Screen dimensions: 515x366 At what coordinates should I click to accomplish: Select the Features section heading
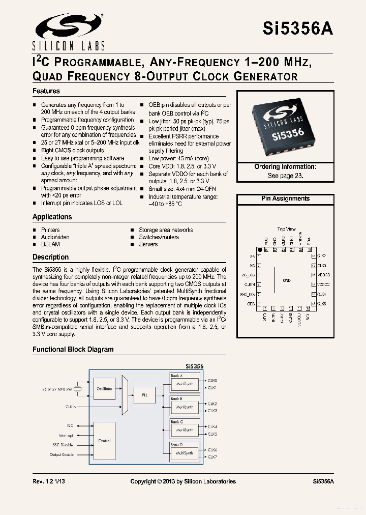tap(46, 91)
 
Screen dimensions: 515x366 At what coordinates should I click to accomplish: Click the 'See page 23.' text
tap(285, 176)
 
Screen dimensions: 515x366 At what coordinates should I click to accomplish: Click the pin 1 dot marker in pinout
tap(260, 250)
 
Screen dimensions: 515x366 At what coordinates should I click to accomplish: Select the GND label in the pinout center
tap(287, 280)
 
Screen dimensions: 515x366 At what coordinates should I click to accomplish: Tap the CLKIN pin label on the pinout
tap(250, 284)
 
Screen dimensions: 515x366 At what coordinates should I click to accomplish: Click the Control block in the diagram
tap(104, 441)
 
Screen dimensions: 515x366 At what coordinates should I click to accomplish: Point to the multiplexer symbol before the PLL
tap(125, 394)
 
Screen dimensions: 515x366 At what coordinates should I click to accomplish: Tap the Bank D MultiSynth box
tap(184, 452)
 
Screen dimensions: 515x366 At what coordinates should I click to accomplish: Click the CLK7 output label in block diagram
tap(212, 457)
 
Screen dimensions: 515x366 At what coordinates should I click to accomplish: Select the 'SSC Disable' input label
tap(63, 445)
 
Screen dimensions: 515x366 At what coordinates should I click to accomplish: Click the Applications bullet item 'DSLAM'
tap(50, 244)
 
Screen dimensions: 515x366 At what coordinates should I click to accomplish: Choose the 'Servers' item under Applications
tap(148, 244)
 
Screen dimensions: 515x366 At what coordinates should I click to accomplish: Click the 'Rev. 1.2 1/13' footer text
tap(50, 481)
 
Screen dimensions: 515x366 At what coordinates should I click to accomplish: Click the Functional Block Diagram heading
tap(73, 350)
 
